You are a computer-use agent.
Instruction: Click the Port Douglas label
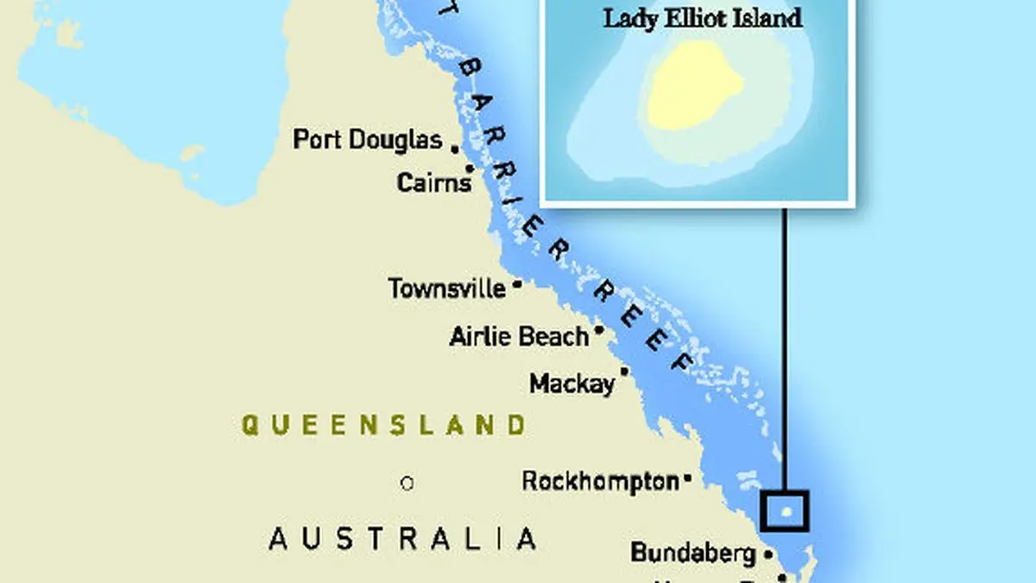367,139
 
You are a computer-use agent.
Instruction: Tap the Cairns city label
433,182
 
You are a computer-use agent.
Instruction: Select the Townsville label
446,288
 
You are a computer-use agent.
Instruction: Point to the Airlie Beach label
519,336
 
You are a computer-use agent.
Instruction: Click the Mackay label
572,383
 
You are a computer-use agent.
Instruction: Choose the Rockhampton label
600,481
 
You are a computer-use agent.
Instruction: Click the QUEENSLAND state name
383,425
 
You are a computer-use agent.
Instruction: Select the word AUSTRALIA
402,539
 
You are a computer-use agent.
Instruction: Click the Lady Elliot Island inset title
701,18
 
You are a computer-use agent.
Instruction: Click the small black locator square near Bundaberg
785,511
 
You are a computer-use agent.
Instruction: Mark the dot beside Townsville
517,283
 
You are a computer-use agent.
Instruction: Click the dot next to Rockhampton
688,477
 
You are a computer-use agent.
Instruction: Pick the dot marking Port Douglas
454,149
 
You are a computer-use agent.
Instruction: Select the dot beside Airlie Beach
598,329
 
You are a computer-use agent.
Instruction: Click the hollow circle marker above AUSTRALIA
407,484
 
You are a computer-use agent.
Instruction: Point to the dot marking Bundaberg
767,554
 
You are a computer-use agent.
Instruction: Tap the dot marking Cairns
470,168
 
